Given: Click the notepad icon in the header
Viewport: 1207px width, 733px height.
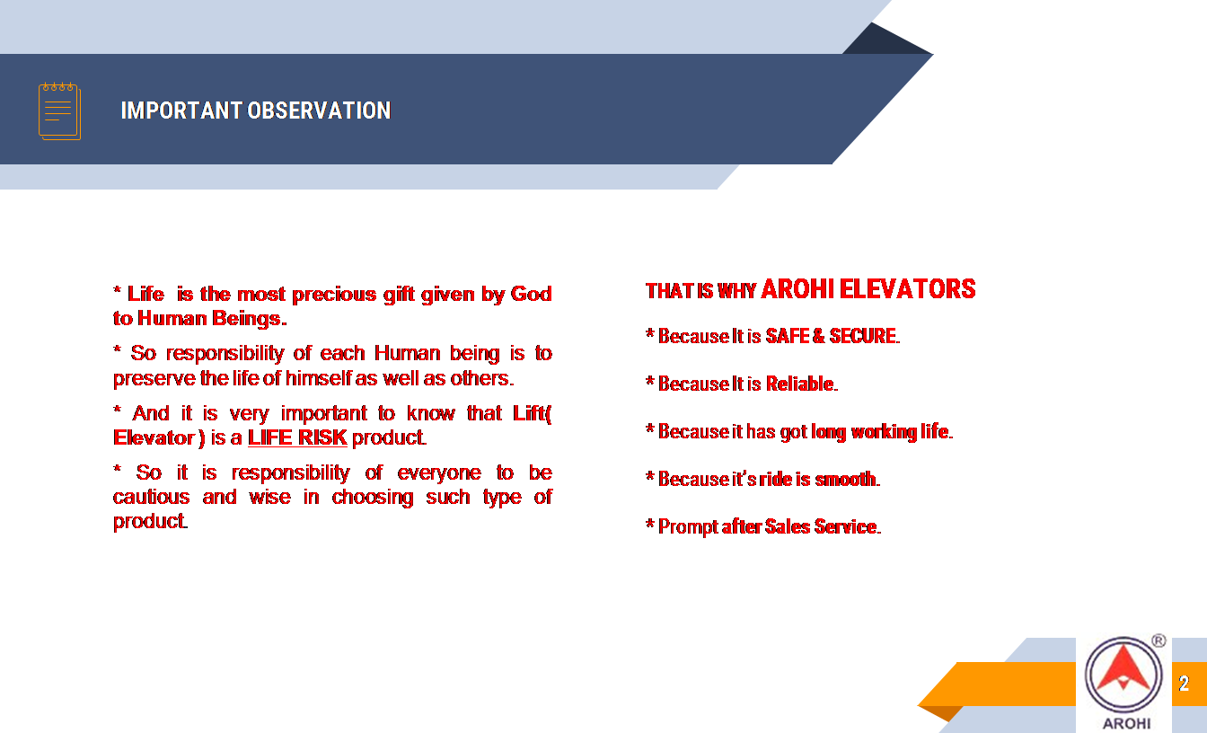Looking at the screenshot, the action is coord(60,111).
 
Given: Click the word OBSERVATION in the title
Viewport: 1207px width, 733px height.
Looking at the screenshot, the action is coord(319,110).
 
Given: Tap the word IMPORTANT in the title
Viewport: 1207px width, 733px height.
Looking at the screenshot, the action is coord(181,110).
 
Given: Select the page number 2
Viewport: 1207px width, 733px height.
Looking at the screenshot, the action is coord(1184,684).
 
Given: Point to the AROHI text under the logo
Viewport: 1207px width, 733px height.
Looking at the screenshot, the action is coord(1126,723).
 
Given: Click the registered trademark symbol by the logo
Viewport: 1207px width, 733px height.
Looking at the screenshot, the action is coord(1159,640).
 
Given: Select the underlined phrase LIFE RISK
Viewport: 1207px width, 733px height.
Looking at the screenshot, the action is coord(297,437).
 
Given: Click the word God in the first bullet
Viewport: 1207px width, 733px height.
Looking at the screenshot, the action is coord(531,294).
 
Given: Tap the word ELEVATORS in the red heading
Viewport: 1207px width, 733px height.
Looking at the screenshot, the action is coord(907,289).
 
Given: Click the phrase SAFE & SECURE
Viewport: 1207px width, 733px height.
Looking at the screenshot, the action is coord(831,336).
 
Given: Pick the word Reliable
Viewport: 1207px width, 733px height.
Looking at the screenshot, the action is coord(799,384).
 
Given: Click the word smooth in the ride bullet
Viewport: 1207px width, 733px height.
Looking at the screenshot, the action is coord(845,479).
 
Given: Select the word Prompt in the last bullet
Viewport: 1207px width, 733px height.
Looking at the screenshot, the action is coord(688,527).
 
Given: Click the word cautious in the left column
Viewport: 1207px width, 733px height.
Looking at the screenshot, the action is coord(152,497).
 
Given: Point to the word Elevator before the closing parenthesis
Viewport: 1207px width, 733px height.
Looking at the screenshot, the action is coord(154,437).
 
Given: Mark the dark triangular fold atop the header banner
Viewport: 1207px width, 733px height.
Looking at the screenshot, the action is coord(887,39).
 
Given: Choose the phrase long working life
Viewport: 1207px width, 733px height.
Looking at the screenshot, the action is coord(880,432).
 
